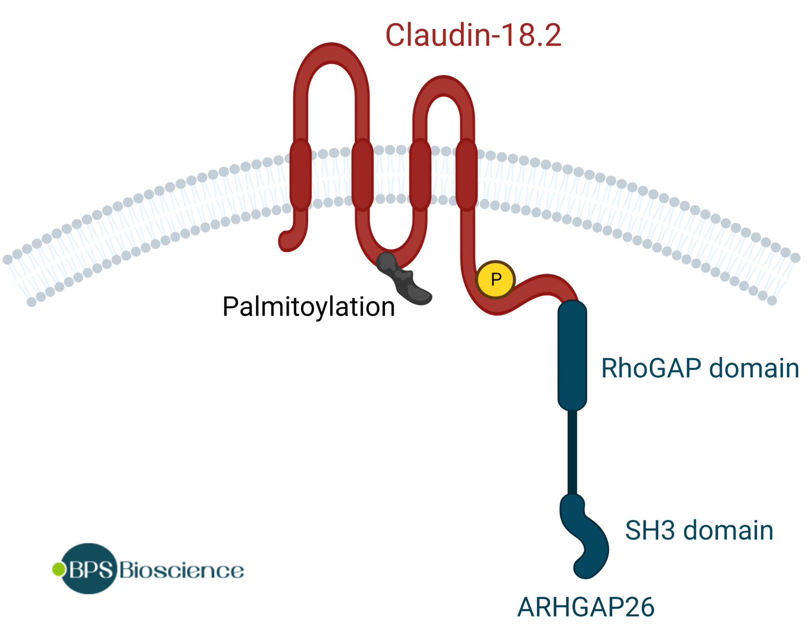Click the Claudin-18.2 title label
473,35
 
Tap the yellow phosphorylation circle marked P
495,280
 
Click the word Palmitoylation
308,307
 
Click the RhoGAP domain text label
699,368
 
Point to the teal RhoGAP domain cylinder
572,355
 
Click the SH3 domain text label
699,530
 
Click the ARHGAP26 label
586,607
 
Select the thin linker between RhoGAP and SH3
572,452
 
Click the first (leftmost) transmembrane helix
300,174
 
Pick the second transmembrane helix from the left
362,174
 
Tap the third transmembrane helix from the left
420,174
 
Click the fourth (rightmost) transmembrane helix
466,174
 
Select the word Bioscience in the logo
181,571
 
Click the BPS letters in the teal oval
90,569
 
